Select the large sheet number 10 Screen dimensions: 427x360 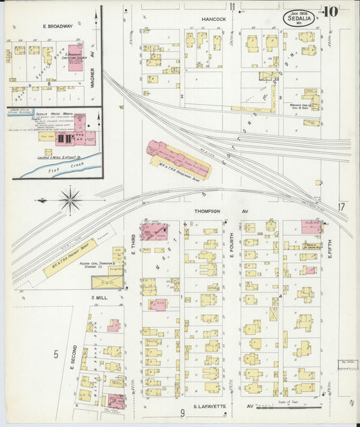[330, 11]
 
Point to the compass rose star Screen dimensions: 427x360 [70, 200]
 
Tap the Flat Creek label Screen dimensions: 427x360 [59, 164]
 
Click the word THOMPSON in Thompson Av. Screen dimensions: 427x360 [207, 211]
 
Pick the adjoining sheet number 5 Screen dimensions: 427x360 [56, 353]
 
